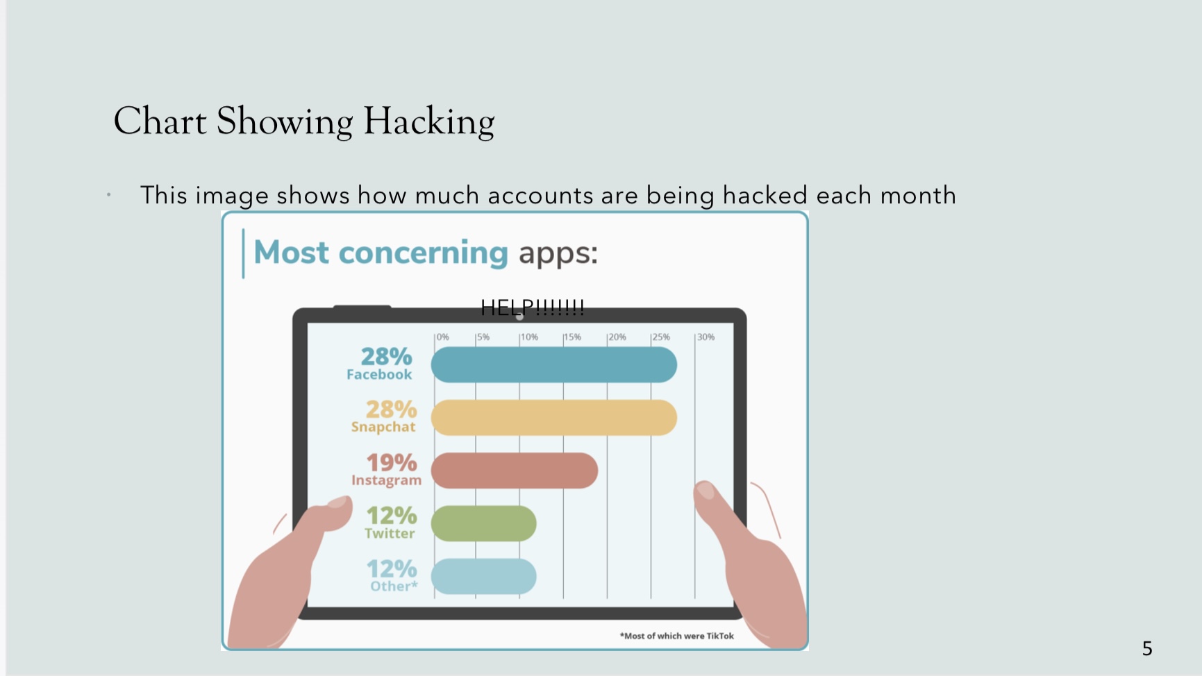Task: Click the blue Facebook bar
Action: (x=553, y=365)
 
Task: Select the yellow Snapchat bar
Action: (x=553, y=418)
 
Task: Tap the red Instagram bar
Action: (x=514, y=471)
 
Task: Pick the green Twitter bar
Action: (x=483, y=523)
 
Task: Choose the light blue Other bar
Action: (x=483, y=577)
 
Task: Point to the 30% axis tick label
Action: (x=706, y=337)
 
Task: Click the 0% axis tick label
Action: (x=442, y=337)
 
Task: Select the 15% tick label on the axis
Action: (x=572, y=337)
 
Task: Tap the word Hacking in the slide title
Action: (x=429, y=122)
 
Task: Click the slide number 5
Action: (x=1147, y=649)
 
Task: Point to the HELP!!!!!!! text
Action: (x=533, y=307)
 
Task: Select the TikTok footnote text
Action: (x=677, y=636)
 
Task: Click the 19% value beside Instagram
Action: (x=392, y=462)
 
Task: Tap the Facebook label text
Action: (x=379, y=375)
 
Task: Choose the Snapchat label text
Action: (x=383, y=427)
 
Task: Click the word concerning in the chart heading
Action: (x=423, y=253)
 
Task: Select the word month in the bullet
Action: (x=918, y=196)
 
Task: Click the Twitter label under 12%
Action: (x=390, y=534)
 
